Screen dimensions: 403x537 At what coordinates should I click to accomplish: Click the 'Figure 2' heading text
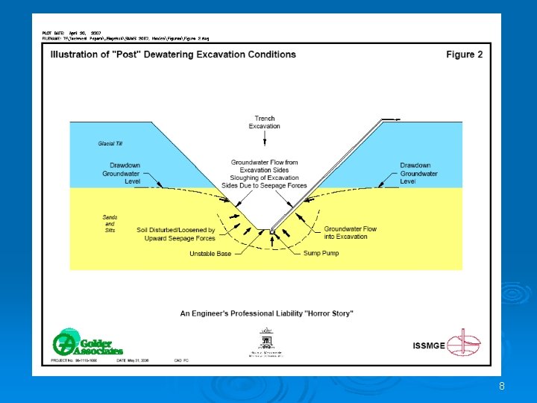point(464,54)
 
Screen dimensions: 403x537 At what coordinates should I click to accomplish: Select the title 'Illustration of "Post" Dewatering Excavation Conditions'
point(173,54)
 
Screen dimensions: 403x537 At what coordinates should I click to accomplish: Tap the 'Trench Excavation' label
point(265,122)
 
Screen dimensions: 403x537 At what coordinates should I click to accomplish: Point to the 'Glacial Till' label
point(110,143)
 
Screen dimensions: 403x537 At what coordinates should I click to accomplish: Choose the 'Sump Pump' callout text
point(321,254)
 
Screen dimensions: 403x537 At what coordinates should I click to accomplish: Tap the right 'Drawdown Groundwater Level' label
point(418,173)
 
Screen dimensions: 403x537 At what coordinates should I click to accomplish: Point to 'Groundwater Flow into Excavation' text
point(350,233)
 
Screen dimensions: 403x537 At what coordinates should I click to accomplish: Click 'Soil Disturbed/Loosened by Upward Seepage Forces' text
point(176,234)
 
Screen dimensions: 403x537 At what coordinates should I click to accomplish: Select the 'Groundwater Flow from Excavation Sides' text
point(264,166)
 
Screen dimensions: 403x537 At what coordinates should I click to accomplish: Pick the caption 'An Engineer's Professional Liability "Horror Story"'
point(266,313)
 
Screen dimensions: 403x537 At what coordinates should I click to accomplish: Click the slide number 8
point(502,386)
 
